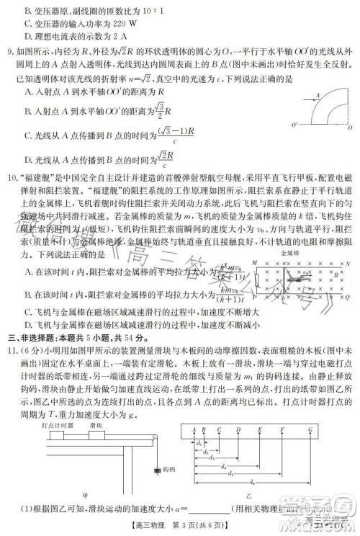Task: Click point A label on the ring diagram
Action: pyautogui.click(x=318, y=94)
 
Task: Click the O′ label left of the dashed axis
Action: pyautogui.click(x=295, y=125)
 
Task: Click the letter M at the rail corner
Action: pyautogui.click(x=255, y=264)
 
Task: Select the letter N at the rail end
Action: pyautogui.click(x=348, y=264)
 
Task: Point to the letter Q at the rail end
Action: pyautogui.click(x=348, y=295)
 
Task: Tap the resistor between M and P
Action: pyautogui.click(x=256, y=280)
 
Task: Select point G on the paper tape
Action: pyautogui.click(x=310, y=430)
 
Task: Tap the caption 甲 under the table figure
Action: pyautogui.click(x=85, y=516)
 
